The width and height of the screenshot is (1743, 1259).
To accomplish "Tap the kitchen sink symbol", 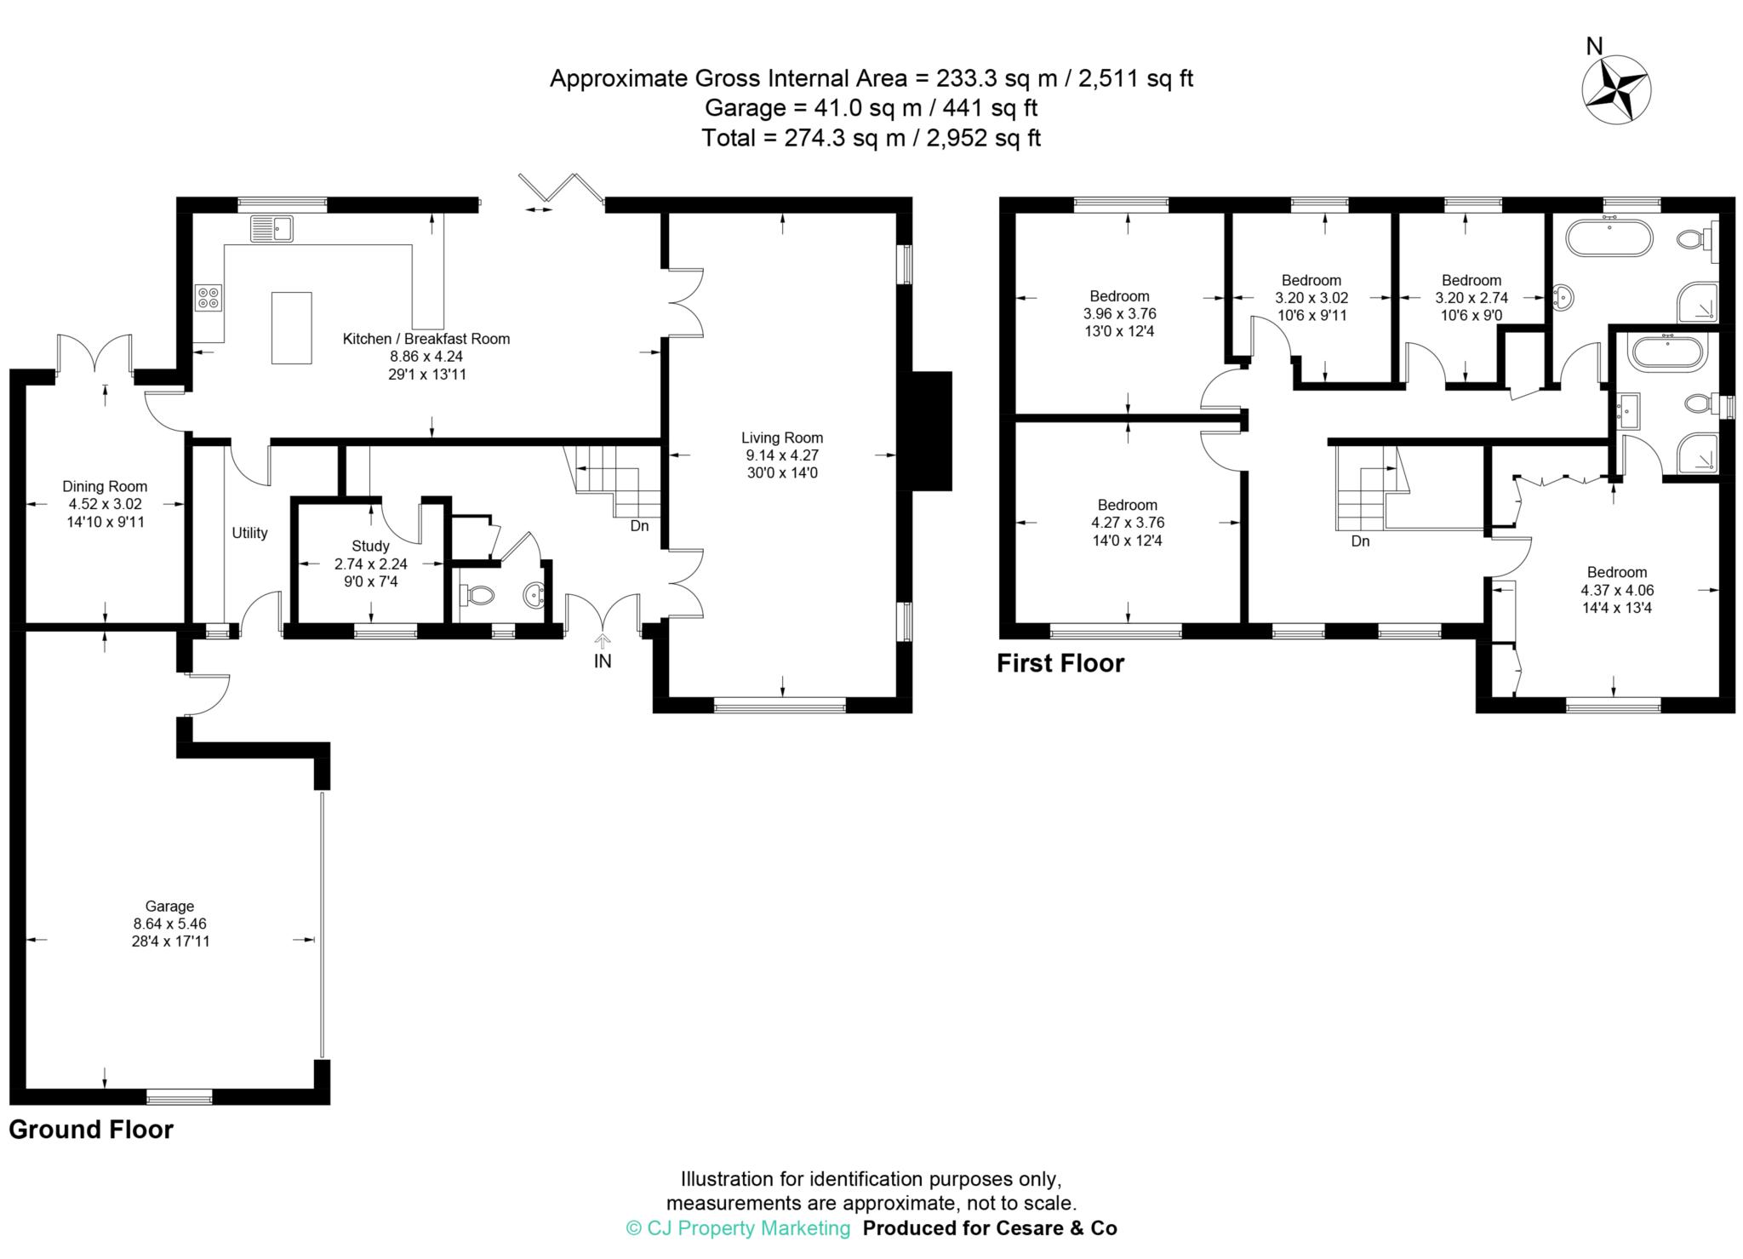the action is click(271, 229).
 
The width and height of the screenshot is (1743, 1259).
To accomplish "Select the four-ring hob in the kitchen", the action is click(209, 297).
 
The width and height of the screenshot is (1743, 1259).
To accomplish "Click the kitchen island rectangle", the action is click(291, 328).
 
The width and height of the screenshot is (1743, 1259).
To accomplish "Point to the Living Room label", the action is click(782, 438).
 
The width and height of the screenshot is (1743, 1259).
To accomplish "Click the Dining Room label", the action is click(105, 487).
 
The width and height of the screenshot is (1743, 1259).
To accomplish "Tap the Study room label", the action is click(370, 546).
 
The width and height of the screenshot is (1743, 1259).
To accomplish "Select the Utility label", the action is click(249, 533).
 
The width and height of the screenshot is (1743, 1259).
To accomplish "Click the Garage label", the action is click(169, 907).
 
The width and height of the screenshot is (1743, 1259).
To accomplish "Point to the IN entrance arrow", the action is click(603, 643).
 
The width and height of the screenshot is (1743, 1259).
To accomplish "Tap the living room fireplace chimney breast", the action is click(931, 432).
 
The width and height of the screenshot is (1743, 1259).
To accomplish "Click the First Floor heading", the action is click(1060, 663).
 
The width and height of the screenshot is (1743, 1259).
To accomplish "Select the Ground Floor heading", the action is click(91, 1130).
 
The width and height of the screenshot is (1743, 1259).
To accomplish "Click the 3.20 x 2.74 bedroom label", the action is click(1471, 298).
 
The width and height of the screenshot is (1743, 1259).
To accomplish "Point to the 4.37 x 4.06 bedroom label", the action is click(1616, 590).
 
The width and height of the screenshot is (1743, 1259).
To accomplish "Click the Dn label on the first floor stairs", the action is click(1360, 541).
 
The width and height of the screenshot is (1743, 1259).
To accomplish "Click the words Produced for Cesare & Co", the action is click(990, 1228).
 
